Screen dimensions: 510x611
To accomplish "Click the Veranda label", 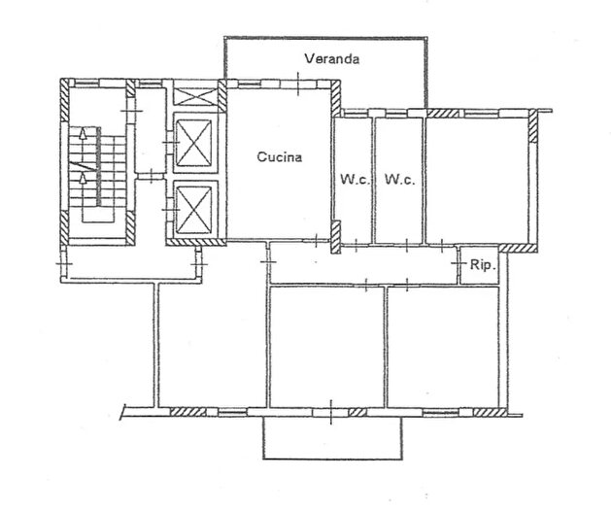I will (x=331, y=59).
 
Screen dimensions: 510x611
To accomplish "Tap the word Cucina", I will (x=280, y=156).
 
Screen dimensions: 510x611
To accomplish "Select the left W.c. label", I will (x=355, y=180).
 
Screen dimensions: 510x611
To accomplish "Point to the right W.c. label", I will (x=399, y=180).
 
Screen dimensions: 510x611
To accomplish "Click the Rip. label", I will (x=482, y=264).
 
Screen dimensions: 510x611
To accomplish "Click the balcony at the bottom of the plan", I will (x=331, y=438).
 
